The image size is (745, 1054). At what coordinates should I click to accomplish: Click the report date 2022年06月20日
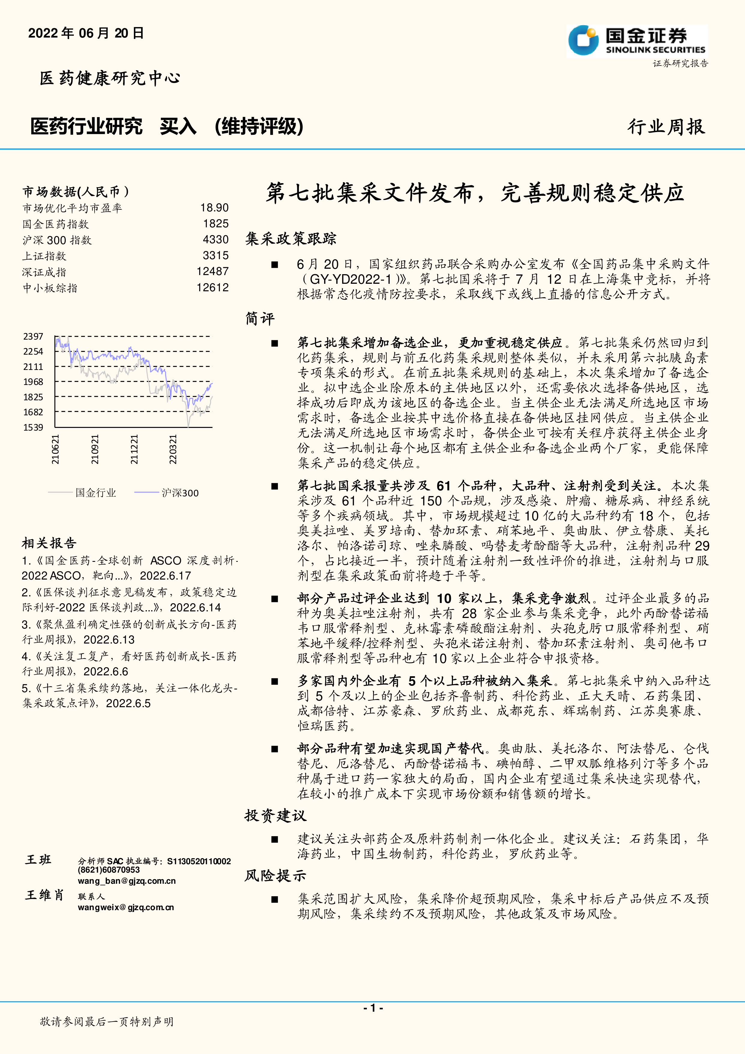click(x=86, y=33)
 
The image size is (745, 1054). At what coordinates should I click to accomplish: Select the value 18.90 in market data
click(x=214, y=208)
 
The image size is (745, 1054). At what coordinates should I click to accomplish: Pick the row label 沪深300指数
click(x=57, y=240)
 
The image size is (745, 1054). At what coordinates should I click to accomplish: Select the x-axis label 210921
click(x=95, y=450)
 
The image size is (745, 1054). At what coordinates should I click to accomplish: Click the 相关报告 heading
click(x=49, y=543)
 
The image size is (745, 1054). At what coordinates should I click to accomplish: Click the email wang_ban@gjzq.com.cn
click(x=127, y=881)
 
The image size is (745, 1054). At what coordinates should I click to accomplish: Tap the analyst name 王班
click(x=38, y=860)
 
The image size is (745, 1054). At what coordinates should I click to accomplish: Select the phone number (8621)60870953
click(x=109, y=870)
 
